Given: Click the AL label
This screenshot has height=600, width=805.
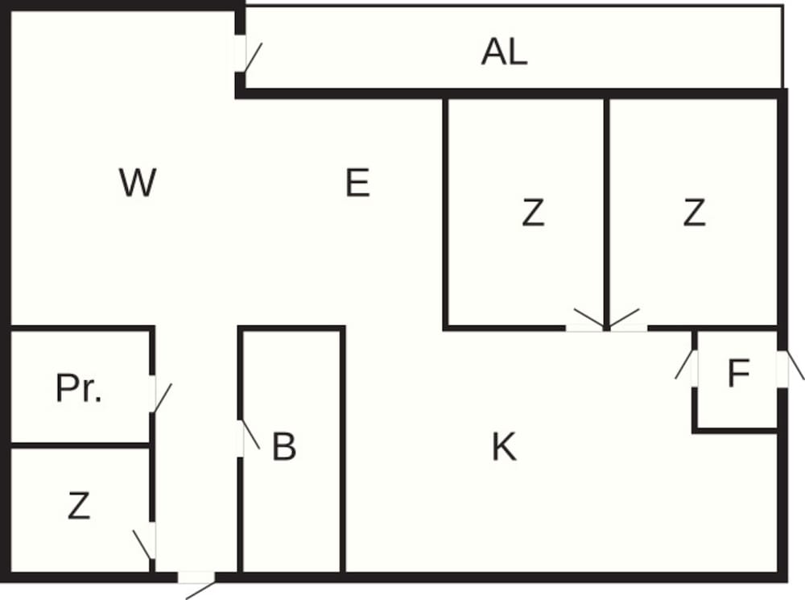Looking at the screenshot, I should pos(504,52).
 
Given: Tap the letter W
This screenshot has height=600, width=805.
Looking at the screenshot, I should pos(137,184).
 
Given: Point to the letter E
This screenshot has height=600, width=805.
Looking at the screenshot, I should pos(357,184).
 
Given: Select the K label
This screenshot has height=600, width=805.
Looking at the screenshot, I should pos(504,448).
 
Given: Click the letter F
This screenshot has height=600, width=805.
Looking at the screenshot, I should pos(738,374).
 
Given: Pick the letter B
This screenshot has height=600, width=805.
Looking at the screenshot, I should pos(283,448).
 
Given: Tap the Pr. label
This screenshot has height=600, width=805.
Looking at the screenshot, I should pos(79,389).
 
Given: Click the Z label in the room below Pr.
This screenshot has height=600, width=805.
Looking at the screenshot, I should pos(78,506).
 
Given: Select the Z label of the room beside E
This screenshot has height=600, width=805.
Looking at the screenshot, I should pos(533,213).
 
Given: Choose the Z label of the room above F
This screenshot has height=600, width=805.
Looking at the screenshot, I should pos(694,213).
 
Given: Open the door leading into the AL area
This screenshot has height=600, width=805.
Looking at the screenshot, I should pos(240,54).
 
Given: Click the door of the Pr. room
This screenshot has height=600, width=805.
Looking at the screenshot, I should pos(153,394).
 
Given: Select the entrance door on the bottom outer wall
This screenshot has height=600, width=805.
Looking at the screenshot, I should pos(196,577).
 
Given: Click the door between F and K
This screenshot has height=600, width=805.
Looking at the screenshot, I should pos(694,368).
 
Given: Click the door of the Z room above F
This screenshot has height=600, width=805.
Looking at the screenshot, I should pos(628,328).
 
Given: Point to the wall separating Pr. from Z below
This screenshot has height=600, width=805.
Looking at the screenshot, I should pos(80,445).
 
